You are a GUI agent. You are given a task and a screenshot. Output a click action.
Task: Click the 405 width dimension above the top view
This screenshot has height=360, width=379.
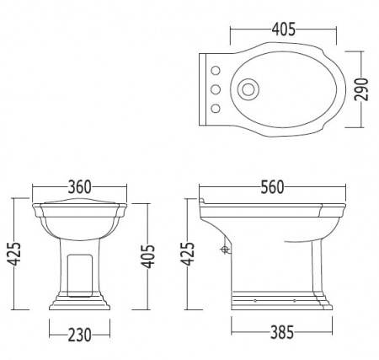284,29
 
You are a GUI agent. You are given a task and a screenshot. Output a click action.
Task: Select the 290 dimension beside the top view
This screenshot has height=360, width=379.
361,89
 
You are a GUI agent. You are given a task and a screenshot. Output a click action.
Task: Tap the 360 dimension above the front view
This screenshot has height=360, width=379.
80,187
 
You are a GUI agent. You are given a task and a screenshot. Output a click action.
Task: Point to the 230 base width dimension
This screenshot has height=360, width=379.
80,335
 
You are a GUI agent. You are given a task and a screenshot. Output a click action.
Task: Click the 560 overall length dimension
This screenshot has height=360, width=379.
272,187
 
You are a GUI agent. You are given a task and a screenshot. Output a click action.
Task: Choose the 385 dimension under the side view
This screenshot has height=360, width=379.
282,332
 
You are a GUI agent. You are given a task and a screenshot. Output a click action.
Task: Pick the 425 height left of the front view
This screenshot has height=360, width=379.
14,254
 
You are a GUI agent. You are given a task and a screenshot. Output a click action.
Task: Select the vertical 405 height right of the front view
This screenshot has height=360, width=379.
147,256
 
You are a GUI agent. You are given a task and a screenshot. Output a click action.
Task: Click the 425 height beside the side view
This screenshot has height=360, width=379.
188,254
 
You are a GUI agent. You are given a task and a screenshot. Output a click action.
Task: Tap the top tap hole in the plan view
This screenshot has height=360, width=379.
216,71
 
